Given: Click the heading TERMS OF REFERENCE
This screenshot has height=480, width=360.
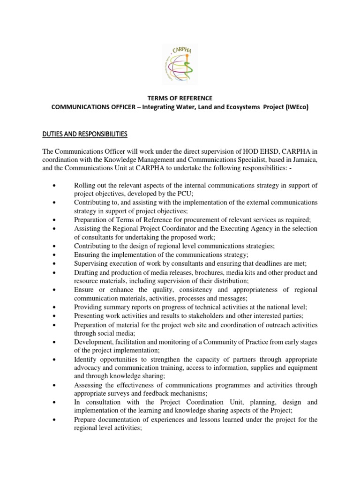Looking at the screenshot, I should (180, 98).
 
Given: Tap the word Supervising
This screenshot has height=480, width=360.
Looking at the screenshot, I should (91, 263).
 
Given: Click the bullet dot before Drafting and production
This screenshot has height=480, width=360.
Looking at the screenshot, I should (55, 273).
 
